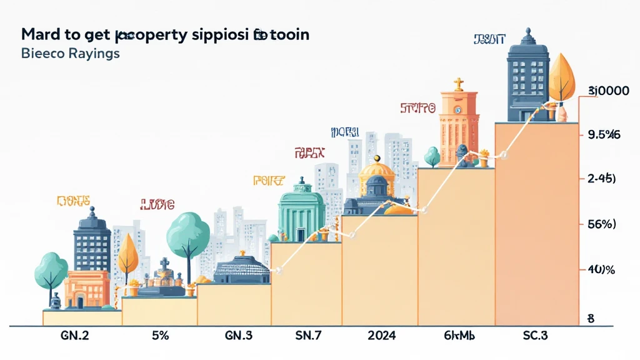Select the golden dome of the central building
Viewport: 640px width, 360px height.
click(377, 167)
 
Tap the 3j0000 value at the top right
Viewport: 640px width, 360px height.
click(607, 91)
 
